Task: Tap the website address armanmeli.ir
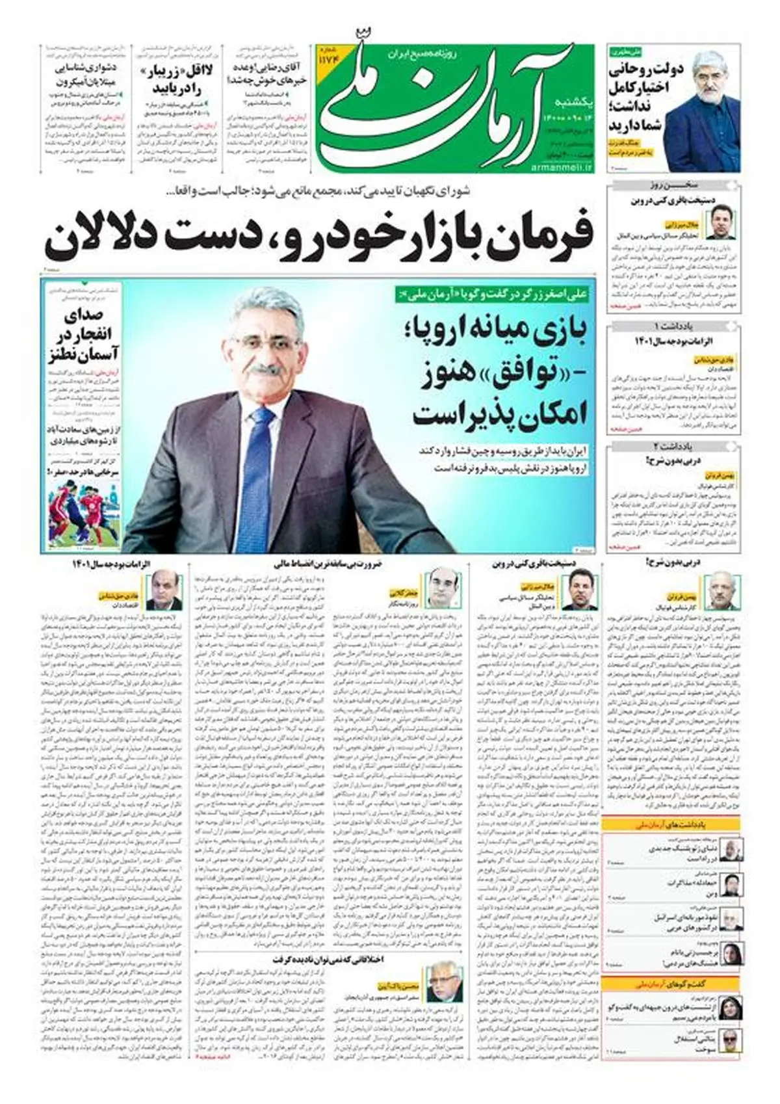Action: coord(565,168)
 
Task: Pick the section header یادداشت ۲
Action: coord(674,446)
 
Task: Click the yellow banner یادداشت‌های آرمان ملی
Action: coord(669,824)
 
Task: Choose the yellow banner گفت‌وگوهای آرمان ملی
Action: coord(669,984)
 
